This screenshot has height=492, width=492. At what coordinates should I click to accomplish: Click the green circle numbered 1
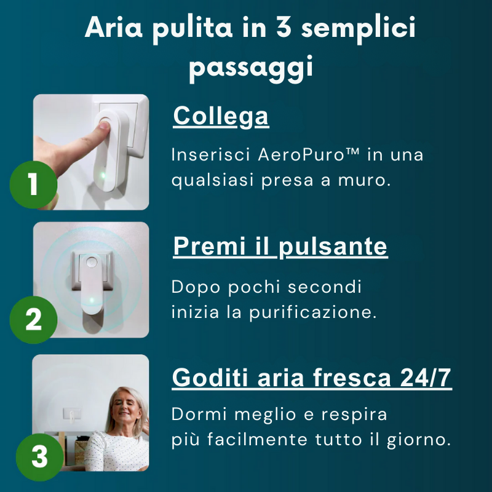33,184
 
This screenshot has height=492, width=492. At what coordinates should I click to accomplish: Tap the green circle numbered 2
33,319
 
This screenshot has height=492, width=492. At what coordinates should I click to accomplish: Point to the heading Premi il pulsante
280,247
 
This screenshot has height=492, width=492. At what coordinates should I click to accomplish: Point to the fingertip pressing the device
105,125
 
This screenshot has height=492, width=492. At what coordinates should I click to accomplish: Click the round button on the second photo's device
92,262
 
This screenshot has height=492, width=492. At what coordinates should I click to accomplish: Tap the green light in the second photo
92,300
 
